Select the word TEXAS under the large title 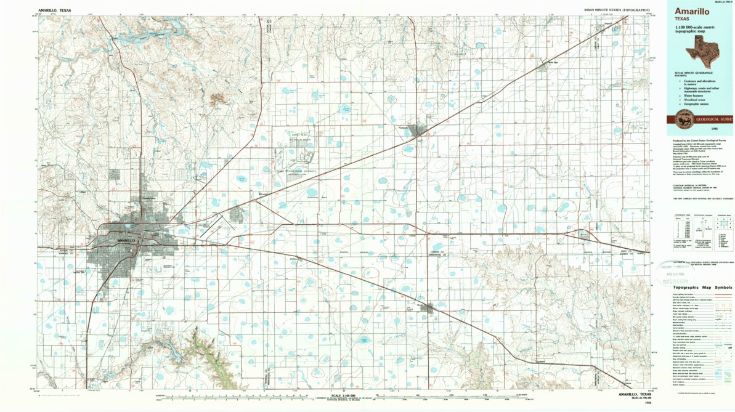682,19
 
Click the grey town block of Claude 427,308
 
